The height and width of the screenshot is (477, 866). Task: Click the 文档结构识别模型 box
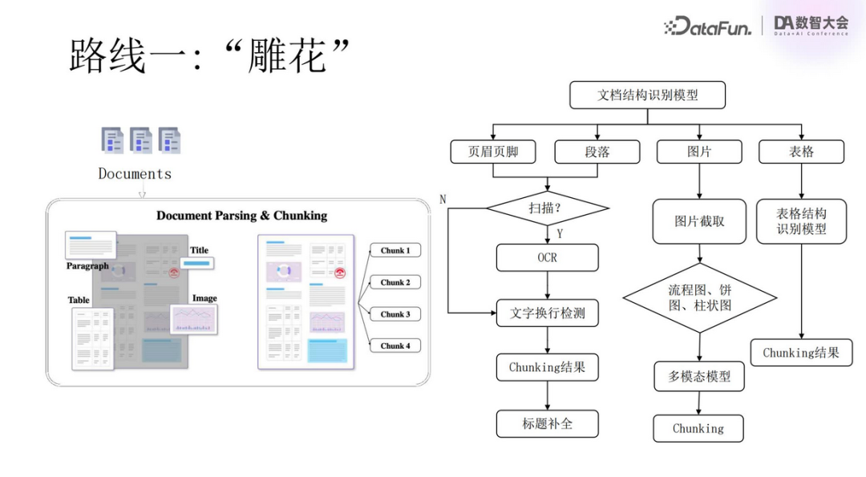(647, 95)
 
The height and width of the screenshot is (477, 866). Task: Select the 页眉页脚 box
(493, 152)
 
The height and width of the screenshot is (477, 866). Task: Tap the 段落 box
(597, 152)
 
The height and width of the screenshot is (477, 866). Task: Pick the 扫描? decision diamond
(547, 208)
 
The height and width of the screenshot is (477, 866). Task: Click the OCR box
(547, 257)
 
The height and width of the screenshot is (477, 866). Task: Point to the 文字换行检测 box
(547, 313)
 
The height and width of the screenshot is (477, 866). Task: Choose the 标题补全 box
(547, 423)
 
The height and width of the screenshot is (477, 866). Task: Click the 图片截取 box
(699, 221)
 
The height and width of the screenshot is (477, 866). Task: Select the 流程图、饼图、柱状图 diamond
(699, 297)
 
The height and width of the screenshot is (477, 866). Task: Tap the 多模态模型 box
(699, 376)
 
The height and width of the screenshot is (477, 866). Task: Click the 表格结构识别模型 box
(800, 221)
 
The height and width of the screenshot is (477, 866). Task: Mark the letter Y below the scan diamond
(559, 234)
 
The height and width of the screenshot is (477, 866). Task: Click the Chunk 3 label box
(395, 314)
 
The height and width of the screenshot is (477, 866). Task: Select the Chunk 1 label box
(395, 250)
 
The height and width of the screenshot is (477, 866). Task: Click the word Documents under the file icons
(135, 173)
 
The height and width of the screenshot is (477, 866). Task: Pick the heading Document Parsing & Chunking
(241, 215)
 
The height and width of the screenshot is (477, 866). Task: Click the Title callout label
(199, 250)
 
